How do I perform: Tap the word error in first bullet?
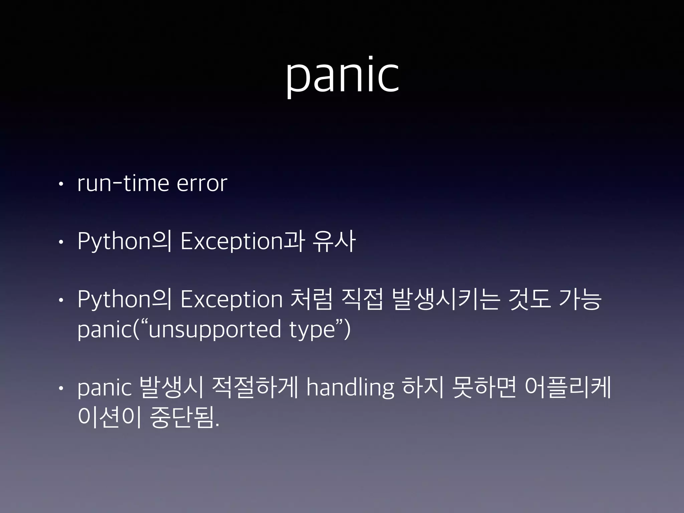click(x=202, y=183)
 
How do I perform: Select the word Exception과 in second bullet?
click(x=242, y=241)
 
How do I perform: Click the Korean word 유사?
click(x=334, y=241)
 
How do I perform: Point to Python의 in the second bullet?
click(x=125, y=241)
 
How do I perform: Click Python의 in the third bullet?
click(x=125, y=299)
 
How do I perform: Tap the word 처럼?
click(x=312, y=299)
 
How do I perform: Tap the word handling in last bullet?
click(x=350, y=388)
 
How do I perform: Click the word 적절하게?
click(x=255, y=388)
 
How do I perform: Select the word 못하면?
click(x=484, y=388)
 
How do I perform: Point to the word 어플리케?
click(x=568, y=388)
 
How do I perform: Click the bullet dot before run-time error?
click(x=60, y=184)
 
